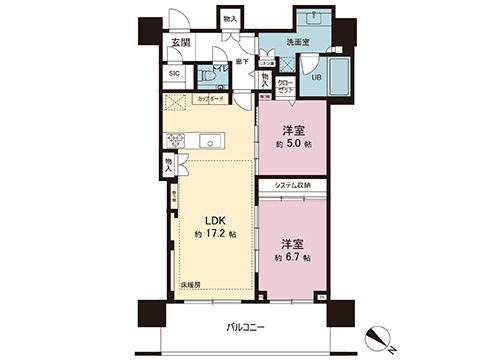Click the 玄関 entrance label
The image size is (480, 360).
pyautogui.click(x=180, y=42)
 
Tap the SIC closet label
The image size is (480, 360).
pyautogui.click(x=174, y=73)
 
